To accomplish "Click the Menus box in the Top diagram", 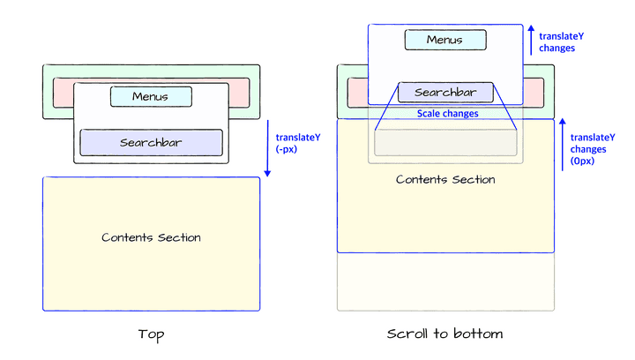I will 151,96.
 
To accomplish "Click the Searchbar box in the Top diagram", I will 151,142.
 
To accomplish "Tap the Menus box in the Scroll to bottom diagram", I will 444,40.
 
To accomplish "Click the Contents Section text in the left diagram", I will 151,237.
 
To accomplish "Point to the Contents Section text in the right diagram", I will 445,179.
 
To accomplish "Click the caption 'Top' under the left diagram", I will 151,334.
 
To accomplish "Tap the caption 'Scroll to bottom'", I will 445,334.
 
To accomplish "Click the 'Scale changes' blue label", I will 447,114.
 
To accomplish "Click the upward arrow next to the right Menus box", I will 531,41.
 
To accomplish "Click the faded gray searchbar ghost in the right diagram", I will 445,143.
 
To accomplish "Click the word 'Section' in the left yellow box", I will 179,237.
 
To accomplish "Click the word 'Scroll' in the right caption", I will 407,334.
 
